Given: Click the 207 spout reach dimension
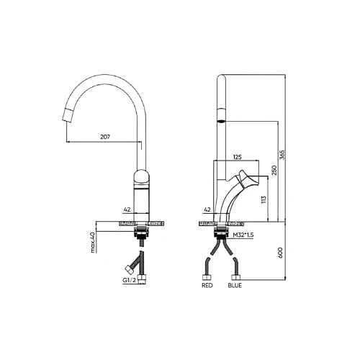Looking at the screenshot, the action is (105, 137).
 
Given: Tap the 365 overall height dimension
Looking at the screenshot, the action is (282, 155).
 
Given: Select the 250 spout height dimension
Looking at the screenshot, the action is (274, 170).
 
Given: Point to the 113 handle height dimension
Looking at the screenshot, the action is (264, 199).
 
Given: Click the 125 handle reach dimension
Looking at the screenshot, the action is (237, 157).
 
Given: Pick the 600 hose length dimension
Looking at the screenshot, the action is (280, 253).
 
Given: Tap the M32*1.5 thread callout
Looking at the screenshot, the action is (243, 235).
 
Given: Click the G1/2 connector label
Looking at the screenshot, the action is (130, 280).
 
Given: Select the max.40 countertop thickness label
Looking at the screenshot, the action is (93, 243).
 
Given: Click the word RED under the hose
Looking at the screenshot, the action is (207, 286).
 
